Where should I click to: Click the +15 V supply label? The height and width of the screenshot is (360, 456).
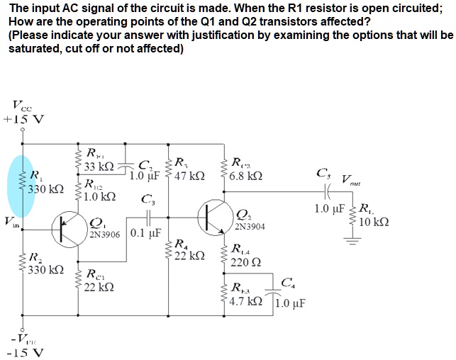click(23, 118)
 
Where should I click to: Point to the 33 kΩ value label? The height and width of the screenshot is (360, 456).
click(99, 167)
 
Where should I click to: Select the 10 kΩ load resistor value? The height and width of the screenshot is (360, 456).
click(373, 221)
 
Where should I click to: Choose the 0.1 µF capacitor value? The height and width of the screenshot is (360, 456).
click(148, 232)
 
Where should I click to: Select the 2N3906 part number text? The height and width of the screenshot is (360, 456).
click(107, 233)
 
